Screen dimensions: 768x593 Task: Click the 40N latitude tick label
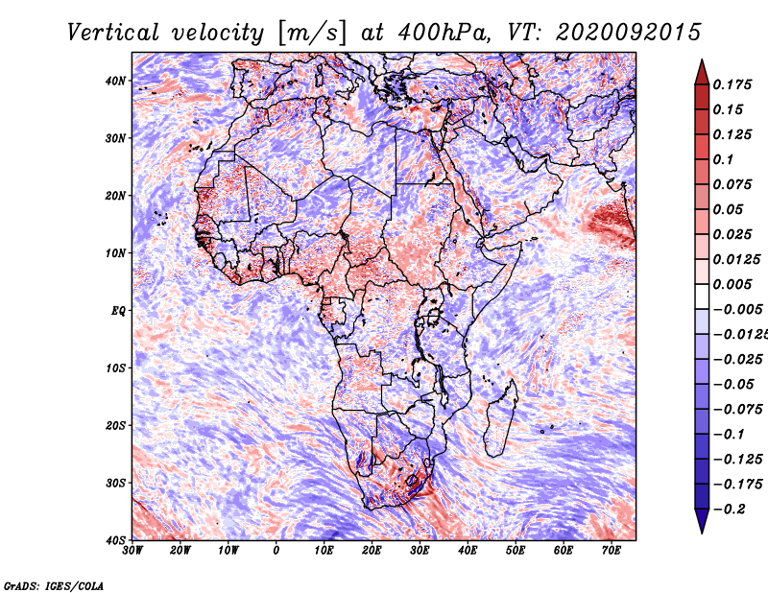pos(115,81)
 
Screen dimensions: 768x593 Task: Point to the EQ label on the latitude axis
pos(118,311)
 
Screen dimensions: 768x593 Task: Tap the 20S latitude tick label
pos(115,425)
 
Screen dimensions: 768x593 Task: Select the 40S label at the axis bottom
pos(115,540)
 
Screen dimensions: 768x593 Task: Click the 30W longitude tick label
pos(132,551)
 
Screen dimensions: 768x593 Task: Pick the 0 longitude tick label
pos(276,551)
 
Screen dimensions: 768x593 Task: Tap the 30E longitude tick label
pos(420,551)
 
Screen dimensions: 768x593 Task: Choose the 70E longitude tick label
pos(612,551)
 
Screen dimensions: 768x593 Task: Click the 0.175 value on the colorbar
pos(732,85)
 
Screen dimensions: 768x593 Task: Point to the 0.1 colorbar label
pos(723,159)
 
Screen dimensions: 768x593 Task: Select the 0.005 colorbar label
pos(732,284)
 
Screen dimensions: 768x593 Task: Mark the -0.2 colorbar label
pos(729,510)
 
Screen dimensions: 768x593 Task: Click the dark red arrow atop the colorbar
pos(702,72)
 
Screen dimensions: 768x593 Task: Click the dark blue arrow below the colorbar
pos(702,521)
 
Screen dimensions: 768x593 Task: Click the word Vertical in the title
pos(112,33)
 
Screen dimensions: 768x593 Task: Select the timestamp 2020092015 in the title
pos(629,33)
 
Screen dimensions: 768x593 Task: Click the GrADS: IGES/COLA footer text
pos(54,586)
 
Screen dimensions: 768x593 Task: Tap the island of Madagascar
pos(500,418)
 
